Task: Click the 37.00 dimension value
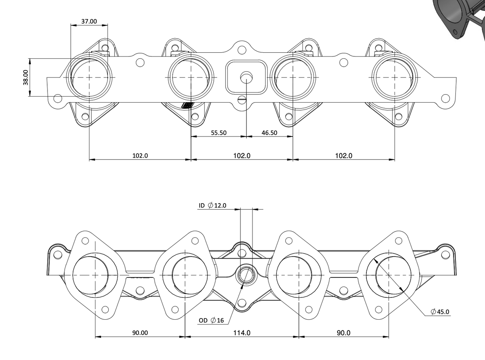tap(89, 21)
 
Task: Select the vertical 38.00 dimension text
tap(26, 77)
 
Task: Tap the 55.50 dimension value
tap(219, 133)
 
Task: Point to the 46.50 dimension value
tap(269, 133)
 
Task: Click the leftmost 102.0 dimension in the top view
tap(140, 156)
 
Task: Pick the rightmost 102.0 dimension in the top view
tap(344, 156)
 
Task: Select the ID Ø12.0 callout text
tap(213, 206)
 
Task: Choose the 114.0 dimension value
tap(242, 332)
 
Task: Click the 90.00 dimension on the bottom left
tap(140, 332)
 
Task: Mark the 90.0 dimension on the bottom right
tap(344, 332)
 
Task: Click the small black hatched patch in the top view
tap(187, 105)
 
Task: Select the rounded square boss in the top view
tap(246, 77)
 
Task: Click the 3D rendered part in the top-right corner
tap(459, 18)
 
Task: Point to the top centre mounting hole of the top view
tap(242, 50)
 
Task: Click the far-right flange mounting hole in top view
tap(445, 98)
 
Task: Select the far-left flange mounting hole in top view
tap(58, 98)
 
